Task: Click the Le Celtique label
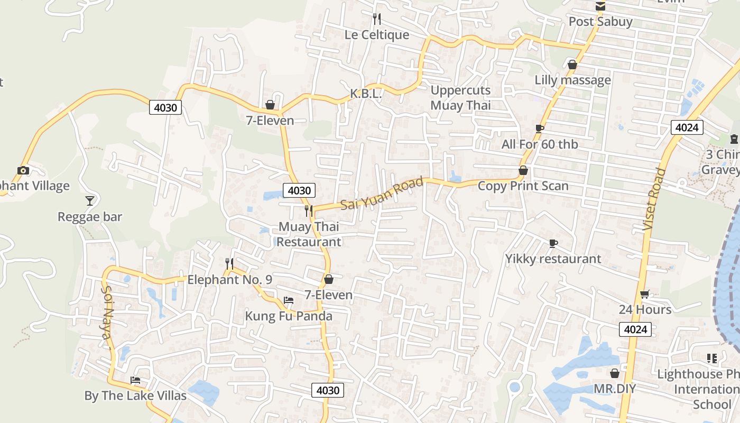point(377,35)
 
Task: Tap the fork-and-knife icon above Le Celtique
point(377,20)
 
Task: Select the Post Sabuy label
point(600,22)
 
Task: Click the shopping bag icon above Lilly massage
point(572,65)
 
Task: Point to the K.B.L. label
point(366,94)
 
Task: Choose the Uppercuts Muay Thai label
point(460,98)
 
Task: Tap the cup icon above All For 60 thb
point(540,128)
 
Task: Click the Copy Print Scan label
point(523,186)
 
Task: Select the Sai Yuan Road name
point(382,194)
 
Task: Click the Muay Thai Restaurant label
point(309,234)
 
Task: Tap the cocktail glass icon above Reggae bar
point(90,201)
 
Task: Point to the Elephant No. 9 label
point(230,280)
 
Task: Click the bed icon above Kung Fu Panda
point(289,300)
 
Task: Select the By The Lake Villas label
point(135,396)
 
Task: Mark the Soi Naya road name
point(107,317)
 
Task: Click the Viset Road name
point(653,199)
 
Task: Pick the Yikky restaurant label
point(553,259)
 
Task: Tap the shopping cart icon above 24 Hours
point(645,294)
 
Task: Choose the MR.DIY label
point(614,389)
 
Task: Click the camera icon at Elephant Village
point(23,170)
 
